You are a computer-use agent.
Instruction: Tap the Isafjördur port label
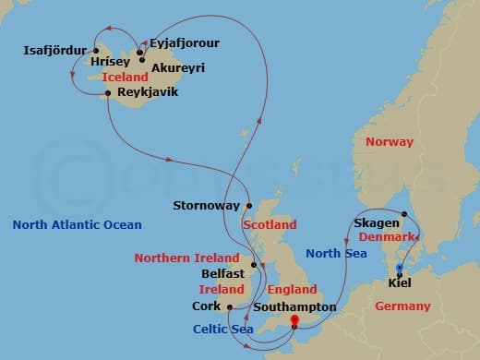pyautogui.click(x=54, y=50)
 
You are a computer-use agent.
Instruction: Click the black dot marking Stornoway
pyautogui.click(x=248, y=205)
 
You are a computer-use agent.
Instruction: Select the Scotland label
pyautogui.click(x=270, y=224)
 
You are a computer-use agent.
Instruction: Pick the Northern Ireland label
pyautogui.click(x=186, y=258)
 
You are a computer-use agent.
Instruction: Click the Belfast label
pyautogui.click(x=222, y=274)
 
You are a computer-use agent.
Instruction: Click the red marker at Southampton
pyautogui.click(x=294, y=321)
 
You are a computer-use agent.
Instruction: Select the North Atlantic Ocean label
pyautogui.click(x=78, y=224)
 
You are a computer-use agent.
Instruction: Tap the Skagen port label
pyautogui.click(x=376, y=223)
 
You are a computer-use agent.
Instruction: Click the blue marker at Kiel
pyautogui.click(x=399, y=269)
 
